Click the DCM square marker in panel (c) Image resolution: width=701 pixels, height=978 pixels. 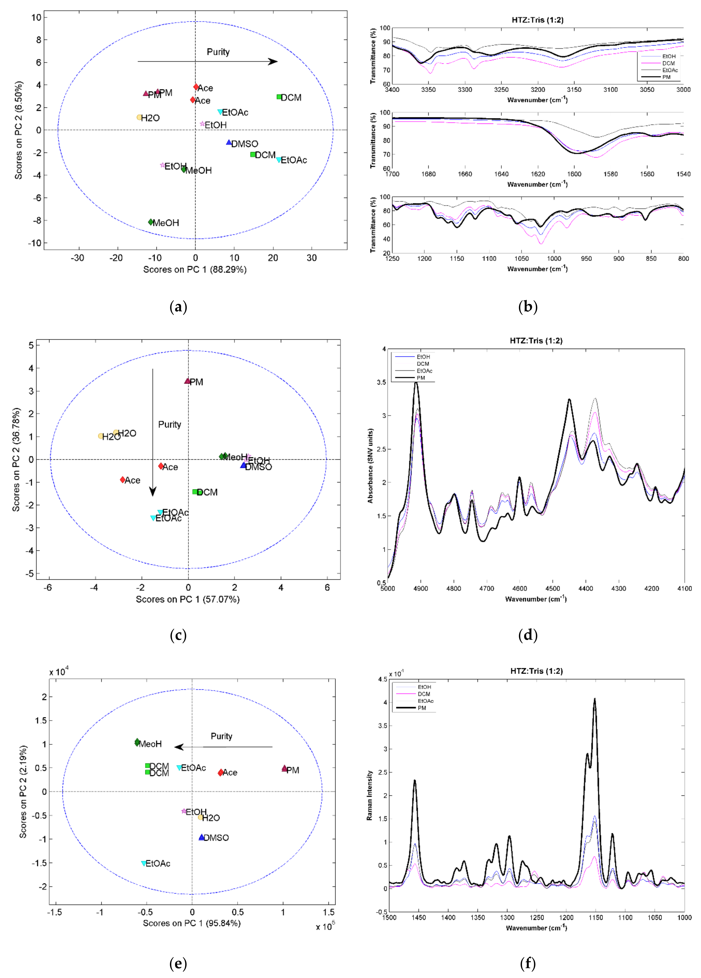coord(195,492)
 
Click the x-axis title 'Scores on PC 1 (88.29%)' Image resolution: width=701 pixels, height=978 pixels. coord(195,270)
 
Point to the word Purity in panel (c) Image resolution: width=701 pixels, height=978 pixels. coord(169,424)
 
